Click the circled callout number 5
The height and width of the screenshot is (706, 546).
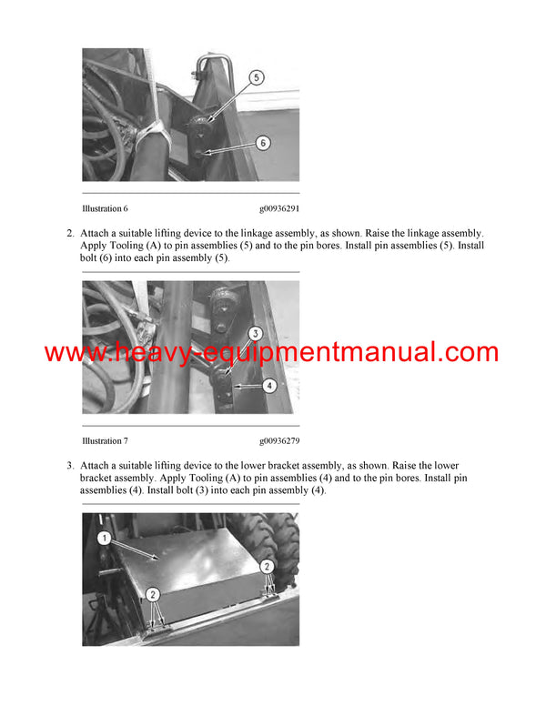(x=258, y=79)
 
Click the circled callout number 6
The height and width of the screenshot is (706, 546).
(x=262, y=143)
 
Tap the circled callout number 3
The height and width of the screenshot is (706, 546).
(x=256, y=334)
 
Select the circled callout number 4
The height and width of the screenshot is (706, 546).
(x=268, y=386)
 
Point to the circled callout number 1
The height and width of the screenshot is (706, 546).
(x=104, y=539)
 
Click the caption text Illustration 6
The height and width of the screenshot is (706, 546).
(x=105, y=208)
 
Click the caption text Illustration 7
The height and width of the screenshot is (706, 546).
(x=105, y=441)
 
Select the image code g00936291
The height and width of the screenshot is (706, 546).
(x=278, y=208)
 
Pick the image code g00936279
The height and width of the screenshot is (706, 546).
(x=278, y=441)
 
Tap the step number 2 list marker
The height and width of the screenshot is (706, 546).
(x=70, y=233)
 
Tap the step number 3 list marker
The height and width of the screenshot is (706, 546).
(x=70, y=466)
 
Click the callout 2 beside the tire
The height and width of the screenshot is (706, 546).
(x=267, y=565)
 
